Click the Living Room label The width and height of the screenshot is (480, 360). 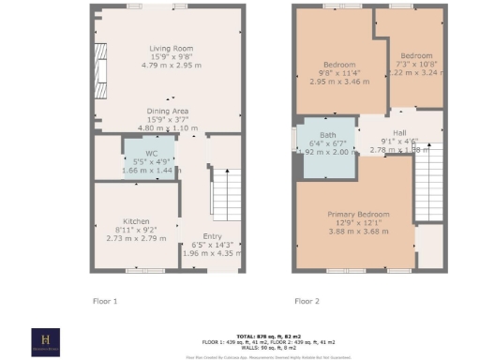[x=171, y=48]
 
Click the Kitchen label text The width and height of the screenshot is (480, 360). [x=111, y=221]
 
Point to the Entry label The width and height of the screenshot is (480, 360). [x=214, y=237]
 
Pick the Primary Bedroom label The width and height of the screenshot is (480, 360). [x=354, y=213]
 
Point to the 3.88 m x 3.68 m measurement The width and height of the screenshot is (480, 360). [x=354, y=231]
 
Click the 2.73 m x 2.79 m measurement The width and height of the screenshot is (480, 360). [x=125, y=239]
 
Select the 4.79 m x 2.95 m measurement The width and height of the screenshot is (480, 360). [x=171, y=66]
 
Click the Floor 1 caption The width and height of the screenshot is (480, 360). [x=105, y=301]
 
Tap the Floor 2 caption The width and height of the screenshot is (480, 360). [x=307, y=301]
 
